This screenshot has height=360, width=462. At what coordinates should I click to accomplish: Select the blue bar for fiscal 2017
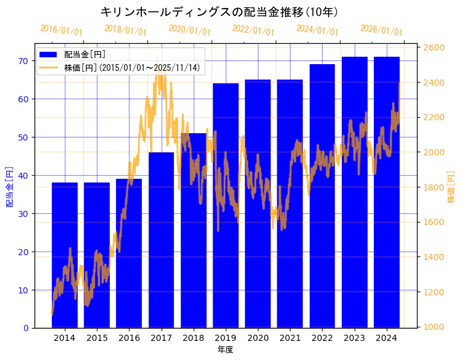(x=161, y=240)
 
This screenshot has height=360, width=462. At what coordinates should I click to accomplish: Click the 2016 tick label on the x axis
(x=129, y=338)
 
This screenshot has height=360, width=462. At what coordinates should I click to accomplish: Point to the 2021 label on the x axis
(x=290, y=338)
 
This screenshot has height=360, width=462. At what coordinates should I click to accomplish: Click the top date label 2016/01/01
(x=61, y=30)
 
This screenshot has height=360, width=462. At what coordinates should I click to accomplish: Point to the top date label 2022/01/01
(x=253, y=30)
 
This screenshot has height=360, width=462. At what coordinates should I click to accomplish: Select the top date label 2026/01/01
(x=381, y=30)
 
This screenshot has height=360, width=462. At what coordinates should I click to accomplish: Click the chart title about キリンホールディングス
(x=218, y=12)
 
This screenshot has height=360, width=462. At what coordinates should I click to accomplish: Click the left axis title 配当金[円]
(x=10, y=186)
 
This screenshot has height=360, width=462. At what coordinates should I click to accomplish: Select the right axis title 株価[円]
(x=451, y=188)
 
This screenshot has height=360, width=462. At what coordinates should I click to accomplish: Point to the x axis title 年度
(x=225, y=350)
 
